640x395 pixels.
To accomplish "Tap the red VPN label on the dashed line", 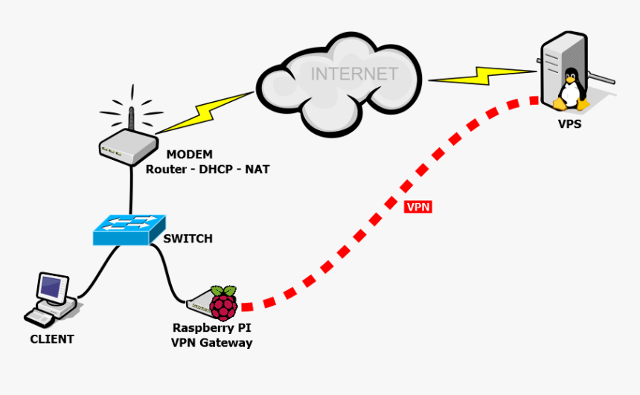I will point(418,207).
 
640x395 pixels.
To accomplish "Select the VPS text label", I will point(569,124).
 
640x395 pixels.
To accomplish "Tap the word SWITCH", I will point(188,239).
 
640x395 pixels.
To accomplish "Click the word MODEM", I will point(189,155).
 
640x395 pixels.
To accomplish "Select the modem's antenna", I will point(131,119).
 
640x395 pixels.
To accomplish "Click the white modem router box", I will point(127,147).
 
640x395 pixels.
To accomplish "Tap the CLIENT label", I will point(52,339).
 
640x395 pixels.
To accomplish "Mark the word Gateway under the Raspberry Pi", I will point(226,343).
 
